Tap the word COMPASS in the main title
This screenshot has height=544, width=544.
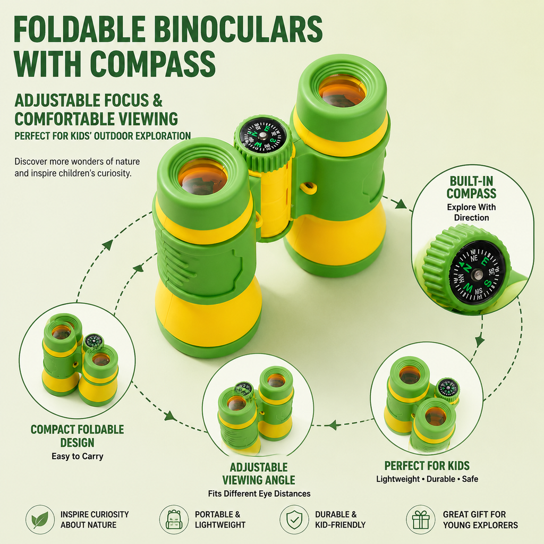pyautogui.click(x=153, y=64)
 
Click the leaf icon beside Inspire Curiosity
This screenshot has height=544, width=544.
pyautogui.click(x=40, y=520)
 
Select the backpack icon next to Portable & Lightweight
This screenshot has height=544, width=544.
pyautogui.click(x=174, y=520)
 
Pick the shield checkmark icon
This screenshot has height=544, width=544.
pyautogui.click(x=294, y=520)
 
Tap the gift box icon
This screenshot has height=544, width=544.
pyautogui.click(x=421, y=520)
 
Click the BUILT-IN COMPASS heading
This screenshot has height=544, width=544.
pyautogui.click(x=471, y=188)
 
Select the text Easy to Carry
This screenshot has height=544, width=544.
pyautogui.click(x=78, y=456)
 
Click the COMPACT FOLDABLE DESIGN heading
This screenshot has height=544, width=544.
pyautogui.click(x=77, y=436)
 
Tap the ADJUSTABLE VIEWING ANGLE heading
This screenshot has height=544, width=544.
pyautogui.click(x=259, y=473)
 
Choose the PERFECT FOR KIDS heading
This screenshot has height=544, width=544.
pyautogui.click(x=427, y=465)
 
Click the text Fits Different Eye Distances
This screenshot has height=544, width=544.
pyautogui.click(x=259, y=494)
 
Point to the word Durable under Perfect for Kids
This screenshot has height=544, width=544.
pyautogui.click(x=440, y=479)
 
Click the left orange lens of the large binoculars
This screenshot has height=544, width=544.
pyautogui.click(x=202, y=177)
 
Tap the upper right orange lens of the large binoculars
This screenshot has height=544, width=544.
pyautogui.click(x=342, y=91)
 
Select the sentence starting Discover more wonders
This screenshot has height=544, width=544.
pyautogui.click(x=77, y=167)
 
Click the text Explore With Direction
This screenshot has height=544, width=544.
pyautogui.click(x=471, y=212)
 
